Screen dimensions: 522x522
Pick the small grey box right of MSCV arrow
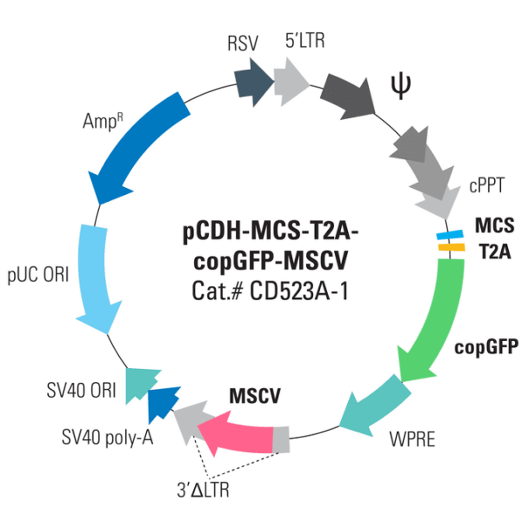[281, 439]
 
